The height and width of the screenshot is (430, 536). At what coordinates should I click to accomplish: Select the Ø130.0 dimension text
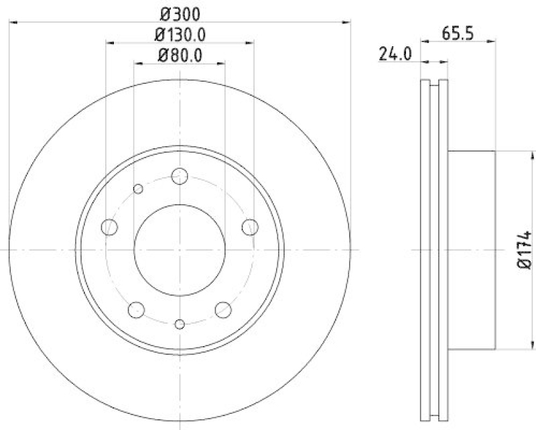tap(180, 34)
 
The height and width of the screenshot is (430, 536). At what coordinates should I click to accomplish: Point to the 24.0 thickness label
tap(395, 53)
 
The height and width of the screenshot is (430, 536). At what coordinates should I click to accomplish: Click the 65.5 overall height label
tap(459, 32)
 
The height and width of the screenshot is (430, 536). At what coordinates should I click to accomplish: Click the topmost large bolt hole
tap(179, 176)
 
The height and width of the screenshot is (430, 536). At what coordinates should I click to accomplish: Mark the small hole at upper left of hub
tap(138, 189)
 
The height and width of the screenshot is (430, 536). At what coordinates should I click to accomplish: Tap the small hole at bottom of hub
tap(179, 325)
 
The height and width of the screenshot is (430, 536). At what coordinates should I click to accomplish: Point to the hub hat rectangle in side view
tap(471, 250)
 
